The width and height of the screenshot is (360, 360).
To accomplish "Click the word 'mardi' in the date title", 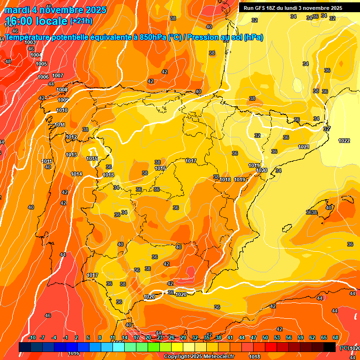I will (15, 10).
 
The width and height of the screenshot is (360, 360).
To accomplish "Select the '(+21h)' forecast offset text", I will (82, 21).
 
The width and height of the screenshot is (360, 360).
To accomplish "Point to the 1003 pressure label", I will (30, 43).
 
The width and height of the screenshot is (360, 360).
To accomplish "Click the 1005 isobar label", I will (41, 64).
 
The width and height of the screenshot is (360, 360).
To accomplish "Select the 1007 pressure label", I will (58, 75).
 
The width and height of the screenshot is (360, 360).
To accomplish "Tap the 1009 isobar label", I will (63, 100).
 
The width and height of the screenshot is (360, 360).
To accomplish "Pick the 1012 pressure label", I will (71, 137).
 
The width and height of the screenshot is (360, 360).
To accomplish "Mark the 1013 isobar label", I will (71, 155).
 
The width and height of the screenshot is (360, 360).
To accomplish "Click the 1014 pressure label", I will (76, 174).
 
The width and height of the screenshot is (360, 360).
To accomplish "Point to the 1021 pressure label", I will (304, 147).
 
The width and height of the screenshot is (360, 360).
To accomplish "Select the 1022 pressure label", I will (344, 141).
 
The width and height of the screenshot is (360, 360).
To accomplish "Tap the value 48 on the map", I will (8, 61).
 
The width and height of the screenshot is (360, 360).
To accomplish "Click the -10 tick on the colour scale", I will (32, 337).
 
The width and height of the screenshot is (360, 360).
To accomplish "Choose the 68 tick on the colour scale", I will (336, 337).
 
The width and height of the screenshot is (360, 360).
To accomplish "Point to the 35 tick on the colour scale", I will (207, 337).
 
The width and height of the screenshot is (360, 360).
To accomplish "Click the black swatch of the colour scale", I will (330, 347).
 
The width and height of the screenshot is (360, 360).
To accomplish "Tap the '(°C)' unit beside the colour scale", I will (344, 347).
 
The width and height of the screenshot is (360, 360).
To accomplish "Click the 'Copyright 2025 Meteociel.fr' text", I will (199, 356).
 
